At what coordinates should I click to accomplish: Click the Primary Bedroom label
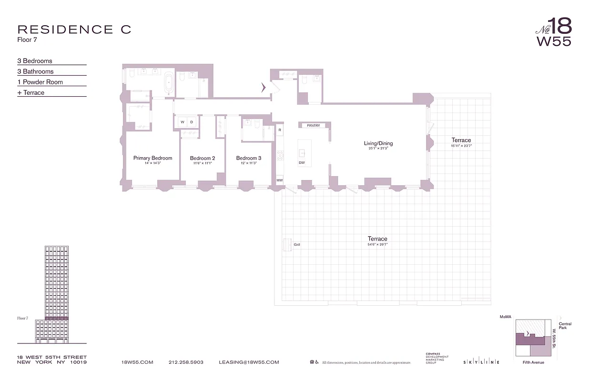152,158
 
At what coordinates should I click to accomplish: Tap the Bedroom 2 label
203,158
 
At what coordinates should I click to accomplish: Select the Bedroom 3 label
249,158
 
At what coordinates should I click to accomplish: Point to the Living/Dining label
378,143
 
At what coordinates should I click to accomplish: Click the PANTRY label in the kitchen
313,126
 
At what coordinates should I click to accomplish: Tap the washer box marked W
182,122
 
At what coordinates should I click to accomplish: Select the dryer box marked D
192,122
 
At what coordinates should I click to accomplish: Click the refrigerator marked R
280,130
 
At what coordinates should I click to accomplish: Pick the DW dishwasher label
302,163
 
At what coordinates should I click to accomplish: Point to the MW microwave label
280,180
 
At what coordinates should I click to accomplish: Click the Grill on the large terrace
288,245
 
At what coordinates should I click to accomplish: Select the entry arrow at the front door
263,87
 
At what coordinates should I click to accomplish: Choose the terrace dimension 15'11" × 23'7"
461,146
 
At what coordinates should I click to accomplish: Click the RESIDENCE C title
74,30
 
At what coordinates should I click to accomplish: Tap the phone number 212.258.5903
186,362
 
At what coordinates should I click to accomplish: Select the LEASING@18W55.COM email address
249,362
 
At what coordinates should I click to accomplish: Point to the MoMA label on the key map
505,317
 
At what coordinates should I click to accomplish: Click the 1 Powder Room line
40,82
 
